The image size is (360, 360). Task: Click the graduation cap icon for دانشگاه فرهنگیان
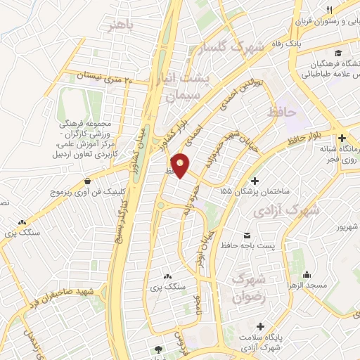click(339, 54)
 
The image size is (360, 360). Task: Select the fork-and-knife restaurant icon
click(328, 8)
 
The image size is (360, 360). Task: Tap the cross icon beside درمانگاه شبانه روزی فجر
click(342, 138)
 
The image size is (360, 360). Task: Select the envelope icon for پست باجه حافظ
click(246, 233)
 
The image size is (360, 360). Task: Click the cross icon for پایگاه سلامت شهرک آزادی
click(262, 326)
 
